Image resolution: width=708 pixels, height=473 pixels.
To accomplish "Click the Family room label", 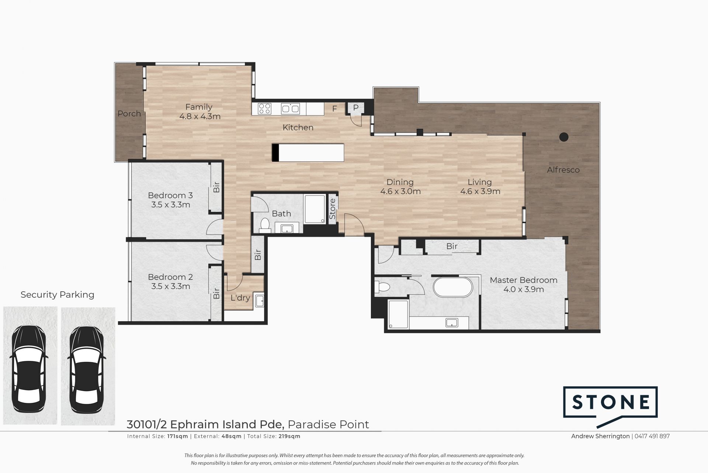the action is coord(199,107).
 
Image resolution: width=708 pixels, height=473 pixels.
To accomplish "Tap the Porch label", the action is coord(129,114).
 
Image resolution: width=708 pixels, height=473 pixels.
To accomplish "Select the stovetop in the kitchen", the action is coord(264,109).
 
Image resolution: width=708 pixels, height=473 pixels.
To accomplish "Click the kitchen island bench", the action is coord(308,152).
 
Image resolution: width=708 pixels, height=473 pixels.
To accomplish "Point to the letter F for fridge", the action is coord(334,109).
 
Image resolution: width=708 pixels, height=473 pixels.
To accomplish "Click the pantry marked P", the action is coord(356,108).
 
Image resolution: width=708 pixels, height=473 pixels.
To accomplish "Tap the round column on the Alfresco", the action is coord(563,137).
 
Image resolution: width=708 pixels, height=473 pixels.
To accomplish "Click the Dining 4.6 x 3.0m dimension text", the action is coord(400,192).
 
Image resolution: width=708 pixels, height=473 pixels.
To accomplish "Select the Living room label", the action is coord(480,182).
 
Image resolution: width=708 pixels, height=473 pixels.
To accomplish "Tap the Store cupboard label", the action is coord(332,209).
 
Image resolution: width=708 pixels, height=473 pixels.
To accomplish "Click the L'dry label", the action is coord(240,298).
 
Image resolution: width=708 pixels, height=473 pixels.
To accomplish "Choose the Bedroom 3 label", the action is coord(170,195).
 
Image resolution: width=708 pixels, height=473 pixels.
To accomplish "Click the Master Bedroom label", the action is coord(523,280).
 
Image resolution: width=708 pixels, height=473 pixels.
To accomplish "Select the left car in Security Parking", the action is coord(29,365).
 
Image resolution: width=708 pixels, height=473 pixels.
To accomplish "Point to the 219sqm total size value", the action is coord(289,436).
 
